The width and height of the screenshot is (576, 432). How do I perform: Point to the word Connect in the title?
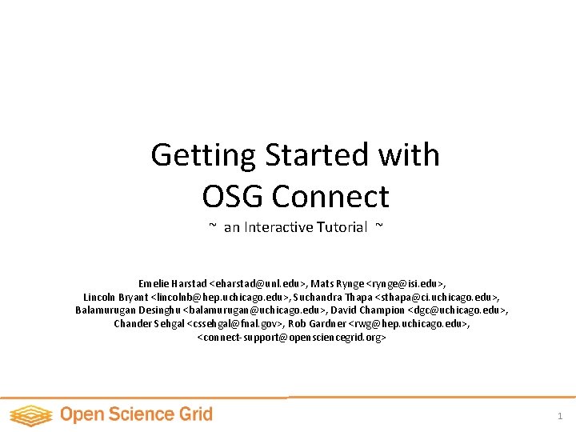[x=330, y=196]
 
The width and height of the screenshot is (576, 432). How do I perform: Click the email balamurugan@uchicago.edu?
[x=253, y=310]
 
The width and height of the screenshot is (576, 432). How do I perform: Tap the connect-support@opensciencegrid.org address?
[x=291, y=338]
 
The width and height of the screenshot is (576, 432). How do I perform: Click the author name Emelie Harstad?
[x=172, y=283]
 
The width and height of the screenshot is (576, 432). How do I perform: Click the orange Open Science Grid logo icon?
[x=30, y=415]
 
